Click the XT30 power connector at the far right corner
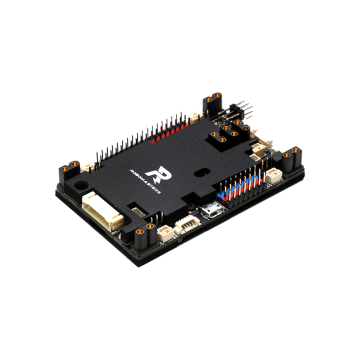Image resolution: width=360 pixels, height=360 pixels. (x=291, y=156)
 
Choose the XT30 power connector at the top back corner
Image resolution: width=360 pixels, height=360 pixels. (x=212, y=99)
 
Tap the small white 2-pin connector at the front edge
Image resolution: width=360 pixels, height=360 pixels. (x=165, y=231)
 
